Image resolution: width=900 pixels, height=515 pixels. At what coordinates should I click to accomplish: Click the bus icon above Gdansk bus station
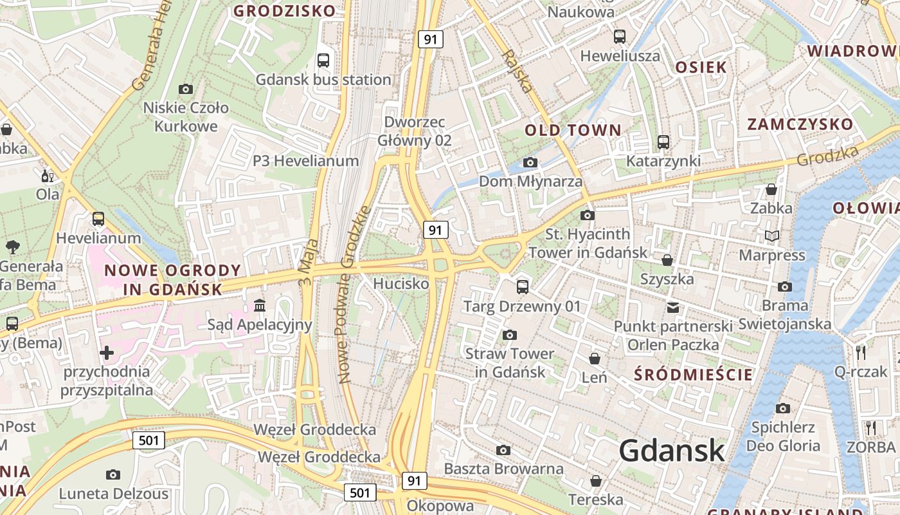[x=323, y=61]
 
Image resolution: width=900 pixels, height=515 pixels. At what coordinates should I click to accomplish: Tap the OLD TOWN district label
[x=573, y=131]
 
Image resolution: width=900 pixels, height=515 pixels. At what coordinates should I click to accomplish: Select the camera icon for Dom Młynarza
[x=530, y=162]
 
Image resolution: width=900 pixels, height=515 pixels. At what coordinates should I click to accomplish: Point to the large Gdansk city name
[x=672, y=451]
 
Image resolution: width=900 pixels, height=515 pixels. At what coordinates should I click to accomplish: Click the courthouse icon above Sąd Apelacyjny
[x=260, y=304]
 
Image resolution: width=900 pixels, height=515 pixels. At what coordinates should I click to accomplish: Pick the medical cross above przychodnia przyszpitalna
[x=107, y=353]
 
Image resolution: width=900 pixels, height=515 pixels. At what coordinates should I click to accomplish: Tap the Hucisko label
[x=401, y=283]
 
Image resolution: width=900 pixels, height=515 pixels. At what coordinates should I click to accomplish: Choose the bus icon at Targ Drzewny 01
[x=522, y=286]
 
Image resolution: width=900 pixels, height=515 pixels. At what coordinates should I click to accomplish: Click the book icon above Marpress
[x=772, y=236]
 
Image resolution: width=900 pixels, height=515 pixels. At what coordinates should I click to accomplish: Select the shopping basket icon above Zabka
[x=771, y=189]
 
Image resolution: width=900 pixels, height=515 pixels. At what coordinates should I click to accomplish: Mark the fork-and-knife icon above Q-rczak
[x=861, y=352]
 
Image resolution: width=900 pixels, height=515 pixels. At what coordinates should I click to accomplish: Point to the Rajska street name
[x=518, y=71]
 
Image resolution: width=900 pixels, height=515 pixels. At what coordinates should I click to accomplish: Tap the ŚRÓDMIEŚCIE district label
[x=693, y=375]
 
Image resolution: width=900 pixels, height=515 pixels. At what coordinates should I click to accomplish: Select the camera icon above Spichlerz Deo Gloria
[x=782, y=408]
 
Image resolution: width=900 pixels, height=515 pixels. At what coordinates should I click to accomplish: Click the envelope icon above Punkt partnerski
[x=673, y=307]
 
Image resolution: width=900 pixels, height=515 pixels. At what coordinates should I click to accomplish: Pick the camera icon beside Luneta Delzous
[x=113, y=475]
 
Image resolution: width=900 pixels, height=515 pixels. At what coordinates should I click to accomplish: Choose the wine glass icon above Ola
[x=47, y=176]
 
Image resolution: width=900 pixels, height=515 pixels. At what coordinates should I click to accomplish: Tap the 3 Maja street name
[x=309, y=262]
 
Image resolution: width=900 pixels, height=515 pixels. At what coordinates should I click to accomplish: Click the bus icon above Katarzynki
[x=663, y=142]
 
